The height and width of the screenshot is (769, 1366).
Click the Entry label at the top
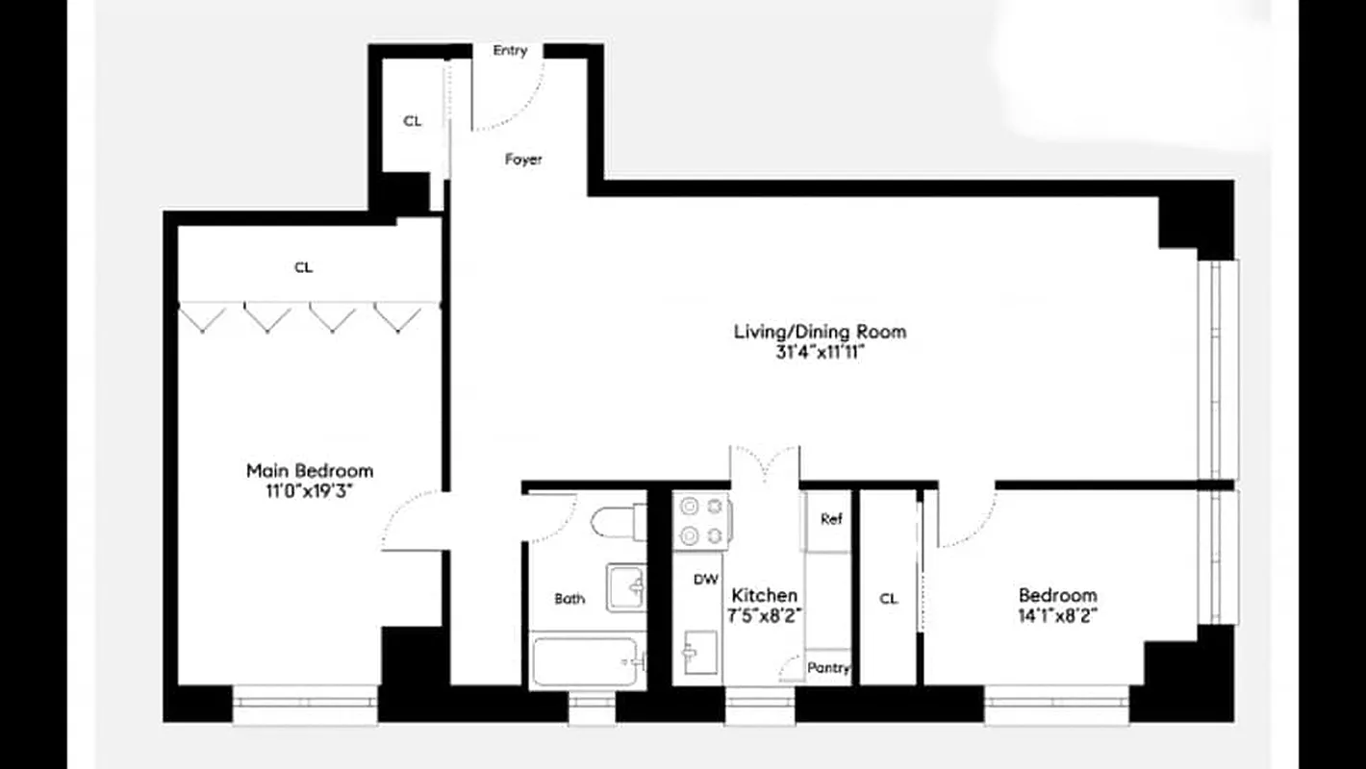point(510,51)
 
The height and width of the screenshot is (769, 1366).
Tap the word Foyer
point(523,160)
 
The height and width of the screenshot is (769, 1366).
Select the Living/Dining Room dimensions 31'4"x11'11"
point(820,352)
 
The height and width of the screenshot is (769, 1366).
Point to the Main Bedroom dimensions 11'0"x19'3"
point(309,490)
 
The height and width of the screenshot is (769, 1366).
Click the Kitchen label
point(765,596)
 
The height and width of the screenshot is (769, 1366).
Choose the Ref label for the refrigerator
point(831,519)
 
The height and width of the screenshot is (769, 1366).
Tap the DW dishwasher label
point(707,580)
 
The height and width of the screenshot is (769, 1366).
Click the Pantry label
point(828,667)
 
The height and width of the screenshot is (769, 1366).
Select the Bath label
point(569,599)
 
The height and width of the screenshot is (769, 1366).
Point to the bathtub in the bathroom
point(587,661)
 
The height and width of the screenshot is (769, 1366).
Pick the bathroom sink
point(626,586)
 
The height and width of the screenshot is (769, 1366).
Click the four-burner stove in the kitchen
point(701,521)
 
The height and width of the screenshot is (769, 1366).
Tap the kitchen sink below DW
point(699,653)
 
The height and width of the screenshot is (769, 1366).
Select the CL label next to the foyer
point(412,121)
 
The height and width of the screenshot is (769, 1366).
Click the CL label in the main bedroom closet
point(303,268)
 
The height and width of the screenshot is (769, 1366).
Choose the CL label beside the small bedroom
point(888,599)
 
